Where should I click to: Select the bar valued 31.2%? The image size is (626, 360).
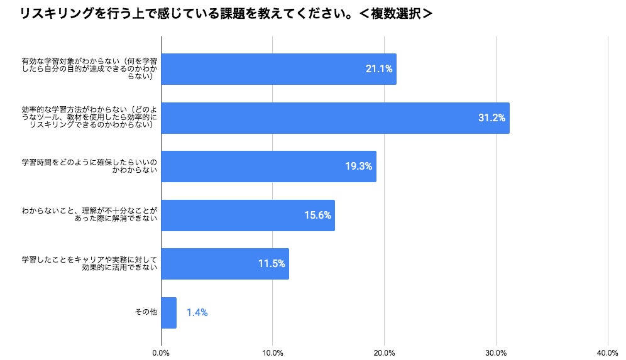[x=335, y=117]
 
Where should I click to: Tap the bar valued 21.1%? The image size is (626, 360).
[x=278, y=69]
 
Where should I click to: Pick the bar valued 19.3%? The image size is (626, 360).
[x=268, y=166]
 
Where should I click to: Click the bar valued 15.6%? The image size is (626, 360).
[x=248, y=215]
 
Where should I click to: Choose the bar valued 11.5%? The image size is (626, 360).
[x=225, y=264]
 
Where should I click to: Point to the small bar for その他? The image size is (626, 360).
[x=169, y=312]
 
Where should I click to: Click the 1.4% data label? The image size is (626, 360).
[x=197, y=312]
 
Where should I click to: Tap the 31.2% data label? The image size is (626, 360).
[x=491, y=117]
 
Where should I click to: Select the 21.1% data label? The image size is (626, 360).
[x=379, y=69]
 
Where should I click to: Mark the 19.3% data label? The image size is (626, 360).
[x=358, y=166]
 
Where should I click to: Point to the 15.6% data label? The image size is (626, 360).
[x=317, y=215]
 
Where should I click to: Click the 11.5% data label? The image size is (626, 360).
[x=272, y=264]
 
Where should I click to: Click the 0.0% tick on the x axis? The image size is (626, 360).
[x=162, y=352]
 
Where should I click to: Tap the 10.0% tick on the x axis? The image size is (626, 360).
[x=273, y=352]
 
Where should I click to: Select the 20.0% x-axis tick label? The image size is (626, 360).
[x=385, y=352]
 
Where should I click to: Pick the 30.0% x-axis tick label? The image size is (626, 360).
[x=497, y=352]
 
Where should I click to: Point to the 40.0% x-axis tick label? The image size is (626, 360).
[x=608, y=352]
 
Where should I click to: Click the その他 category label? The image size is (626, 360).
[x=146, y=312]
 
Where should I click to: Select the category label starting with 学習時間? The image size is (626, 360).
[x=89, y=166]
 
